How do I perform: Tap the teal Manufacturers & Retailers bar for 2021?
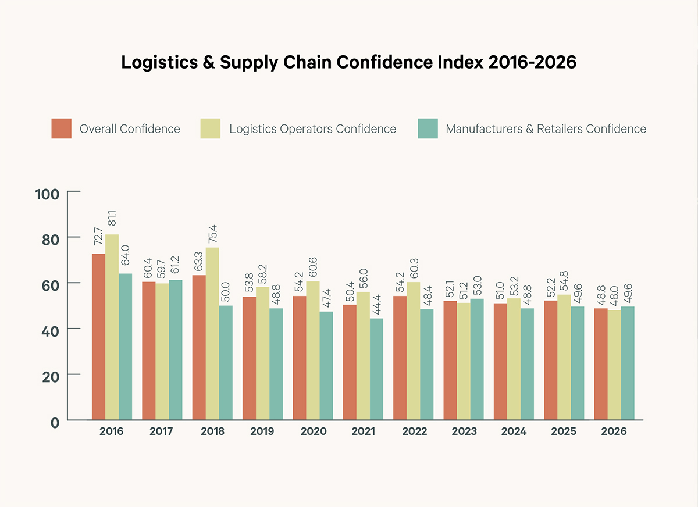click(377, 369)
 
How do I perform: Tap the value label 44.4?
click(377, 303)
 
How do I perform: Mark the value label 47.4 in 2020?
click(327, 296)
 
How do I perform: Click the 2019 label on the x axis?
click(262, 432)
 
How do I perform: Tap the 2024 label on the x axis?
click(514, 432)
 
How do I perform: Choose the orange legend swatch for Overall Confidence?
click(61, 129)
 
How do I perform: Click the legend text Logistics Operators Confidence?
click(312, 129)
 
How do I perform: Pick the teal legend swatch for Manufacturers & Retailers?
click(428, 129)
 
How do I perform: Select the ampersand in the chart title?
click(207, 63)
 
